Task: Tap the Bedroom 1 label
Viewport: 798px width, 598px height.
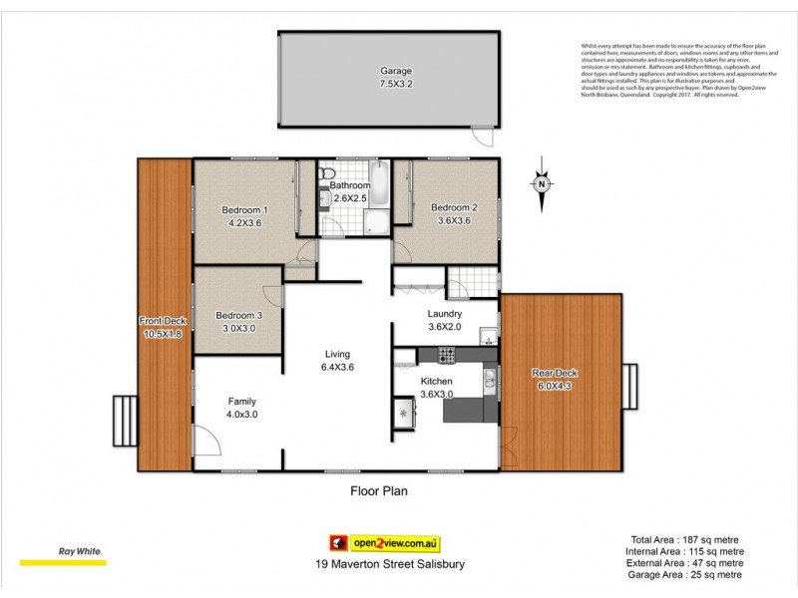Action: coord(244,209)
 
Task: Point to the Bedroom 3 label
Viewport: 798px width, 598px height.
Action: coord(240,316)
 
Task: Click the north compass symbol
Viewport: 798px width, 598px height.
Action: coord(541,184)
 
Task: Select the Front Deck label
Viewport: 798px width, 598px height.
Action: coord(163,321)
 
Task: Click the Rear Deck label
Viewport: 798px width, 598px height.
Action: coord(556,374)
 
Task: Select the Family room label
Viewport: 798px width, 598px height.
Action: coord(241,402)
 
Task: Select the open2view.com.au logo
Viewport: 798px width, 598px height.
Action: coord(385,543)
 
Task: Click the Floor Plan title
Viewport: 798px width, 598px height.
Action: coord(378,490)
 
